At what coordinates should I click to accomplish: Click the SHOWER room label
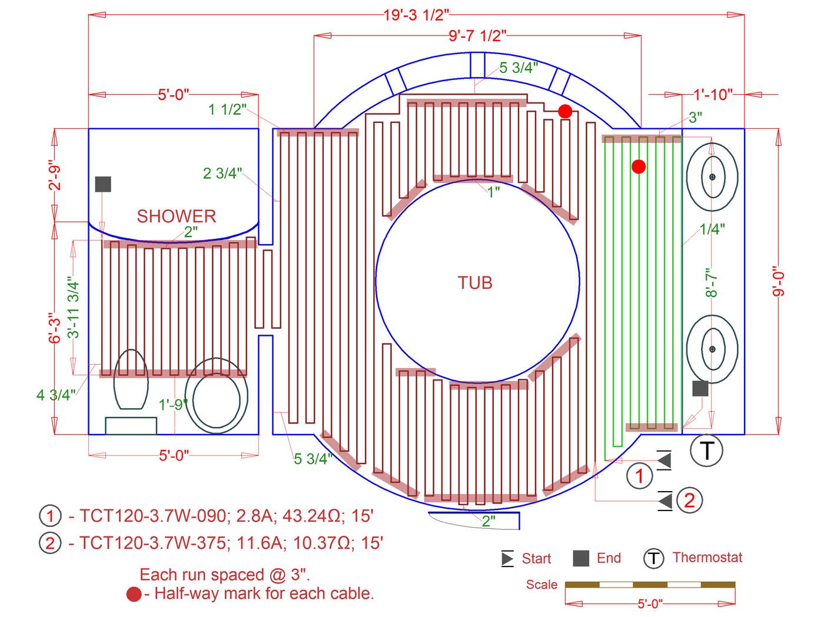click(177, 216)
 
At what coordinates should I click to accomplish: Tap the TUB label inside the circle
click(475, 283)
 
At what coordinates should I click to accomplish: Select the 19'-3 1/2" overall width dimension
click(416, 15)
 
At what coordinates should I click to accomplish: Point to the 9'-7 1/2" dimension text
click(477, 36)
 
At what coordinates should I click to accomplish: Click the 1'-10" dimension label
click(713, 94)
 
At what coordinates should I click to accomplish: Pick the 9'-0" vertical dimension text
click(779, 282)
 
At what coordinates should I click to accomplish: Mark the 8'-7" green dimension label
click(711, 283)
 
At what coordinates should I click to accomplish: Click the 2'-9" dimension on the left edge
click(55, 175)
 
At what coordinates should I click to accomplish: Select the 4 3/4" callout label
click(56, 395)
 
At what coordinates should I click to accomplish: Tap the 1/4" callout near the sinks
click(712, 229)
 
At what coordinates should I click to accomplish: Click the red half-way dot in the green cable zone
click(639, 166)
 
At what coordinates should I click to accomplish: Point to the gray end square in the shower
click(103, 184)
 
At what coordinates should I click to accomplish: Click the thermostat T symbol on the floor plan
click(706, 451)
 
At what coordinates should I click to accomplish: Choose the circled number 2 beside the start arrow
click(689, 501)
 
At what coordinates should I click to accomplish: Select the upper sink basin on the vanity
click(712, 176)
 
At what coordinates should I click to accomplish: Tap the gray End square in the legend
click(581, 558)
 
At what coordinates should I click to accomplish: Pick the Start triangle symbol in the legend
click(507, 558)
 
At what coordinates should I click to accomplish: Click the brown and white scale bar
click(650, 585)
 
